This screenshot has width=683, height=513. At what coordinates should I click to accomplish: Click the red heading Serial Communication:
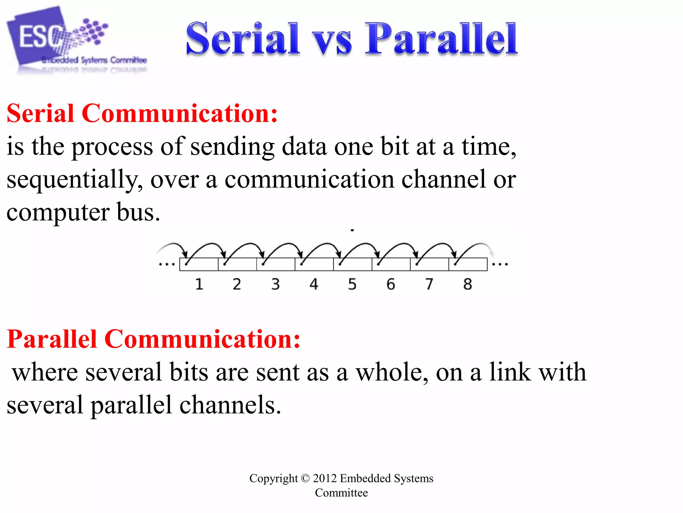pos(142,114)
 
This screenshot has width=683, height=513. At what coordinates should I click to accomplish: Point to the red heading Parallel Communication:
pos(153,339)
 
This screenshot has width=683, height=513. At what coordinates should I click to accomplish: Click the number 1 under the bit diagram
pos(199,284)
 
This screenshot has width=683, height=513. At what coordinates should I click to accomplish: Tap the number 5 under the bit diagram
pos(352,284)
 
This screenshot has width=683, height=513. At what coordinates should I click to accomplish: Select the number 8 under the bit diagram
pos(468,284)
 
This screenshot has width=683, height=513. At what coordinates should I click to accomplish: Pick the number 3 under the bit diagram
pos(275,284)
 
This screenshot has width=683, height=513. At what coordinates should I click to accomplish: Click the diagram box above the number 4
pos(314,264)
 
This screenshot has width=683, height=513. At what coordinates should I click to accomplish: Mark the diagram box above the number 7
pos(430,264)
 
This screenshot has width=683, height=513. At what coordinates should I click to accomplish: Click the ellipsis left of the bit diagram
pos(166,265)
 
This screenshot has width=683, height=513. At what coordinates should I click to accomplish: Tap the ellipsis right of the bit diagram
pos(500,265)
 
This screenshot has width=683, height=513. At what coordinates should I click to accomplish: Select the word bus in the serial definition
pos(138,212)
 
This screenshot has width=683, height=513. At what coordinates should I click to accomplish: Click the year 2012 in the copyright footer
pos(324,478)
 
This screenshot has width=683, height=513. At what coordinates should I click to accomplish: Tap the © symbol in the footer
pos(305,478)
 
